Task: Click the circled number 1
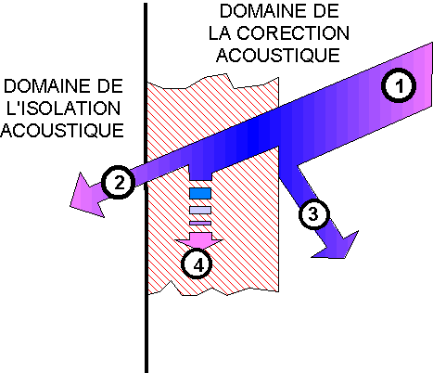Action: click(399, 85)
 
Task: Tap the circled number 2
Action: click(119, 183)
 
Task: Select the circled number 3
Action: click(313, 214)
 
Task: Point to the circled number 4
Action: click(197, 264)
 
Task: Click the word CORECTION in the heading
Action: click(293, 33)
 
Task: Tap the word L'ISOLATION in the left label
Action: click(63, 109)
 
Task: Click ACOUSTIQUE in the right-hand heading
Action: click(278, 55)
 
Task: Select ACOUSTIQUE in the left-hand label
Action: click(62, 130)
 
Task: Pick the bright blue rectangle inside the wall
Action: click(200, 193)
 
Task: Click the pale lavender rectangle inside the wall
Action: click(200, 211)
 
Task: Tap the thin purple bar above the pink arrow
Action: click(200, 223)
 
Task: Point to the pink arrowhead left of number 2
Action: click(85, 197)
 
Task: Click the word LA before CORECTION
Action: click(220, 33)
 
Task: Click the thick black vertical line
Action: click(146, 187)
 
